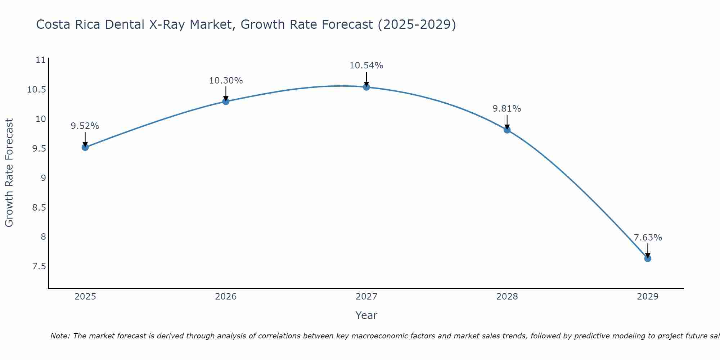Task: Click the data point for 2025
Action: pyautogui.click(x=85, y=147)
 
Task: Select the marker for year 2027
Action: pyautogui.click(x=366, y=87)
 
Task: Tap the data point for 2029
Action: pyautogui.click(x=648, y=258)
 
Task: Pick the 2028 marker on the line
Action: pyautogui.click(x=507, y=130)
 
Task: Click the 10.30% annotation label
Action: pyautogui.click(x=226, y=81)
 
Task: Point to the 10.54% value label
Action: pyautogui.click(x=366, y=66)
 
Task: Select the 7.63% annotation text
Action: pyautogui.click(x=648, y=238)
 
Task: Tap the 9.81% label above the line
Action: pyautogui.click(x=507, y=109)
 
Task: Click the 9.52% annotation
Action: pyautogui.click(x=85, y=126)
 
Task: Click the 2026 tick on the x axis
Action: pyautogui.click(x=226, y=297)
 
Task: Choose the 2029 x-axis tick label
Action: pyautogui.click(x=648, y=297)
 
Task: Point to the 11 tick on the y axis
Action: pyautogui.click(x=41, y=60)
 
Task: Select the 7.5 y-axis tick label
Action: pyautogui.click(x=39, y=266)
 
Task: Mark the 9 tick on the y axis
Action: pyautogui.click(x=43, y=178)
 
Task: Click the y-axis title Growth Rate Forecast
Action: pyautogui.click(x=9, y=173)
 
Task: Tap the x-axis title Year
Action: pyautogui.click(x=366, y=316)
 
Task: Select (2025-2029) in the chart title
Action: pyautogui.click(x=417, y=25)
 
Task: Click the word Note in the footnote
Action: pyautogui.click(x=60, y=336)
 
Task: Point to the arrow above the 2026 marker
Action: pyautogui.click(x=226, y=94)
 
